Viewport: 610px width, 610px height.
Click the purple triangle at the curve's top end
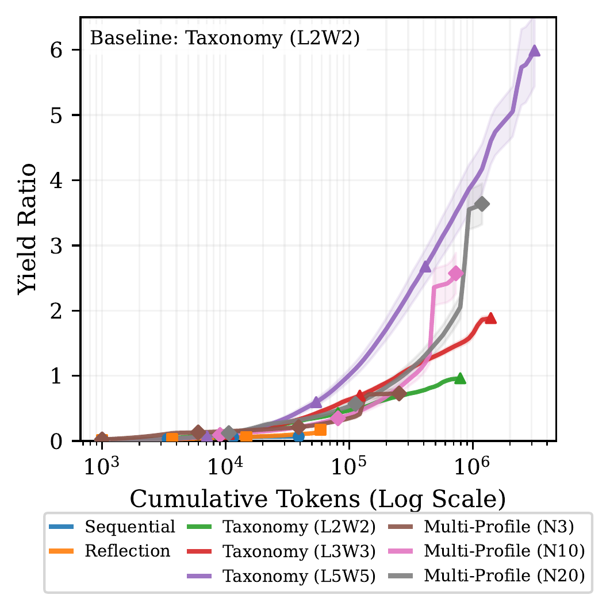tap(535, 51)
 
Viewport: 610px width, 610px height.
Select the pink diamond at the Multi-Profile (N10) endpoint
tap(456, 274)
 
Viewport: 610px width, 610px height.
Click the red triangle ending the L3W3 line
tap(490, 319)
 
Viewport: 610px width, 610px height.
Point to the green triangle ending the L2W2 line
tap(460, 378)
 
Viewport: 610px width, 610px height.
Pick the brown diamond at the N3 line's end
tap(399, 393)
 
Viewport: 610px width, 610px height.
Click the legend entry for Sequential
tap(129, 526)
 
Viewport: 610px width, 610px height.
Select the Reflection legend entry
tap(128, 551)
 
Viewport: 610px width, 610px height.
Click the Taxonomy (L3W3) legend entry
tap(300, 551)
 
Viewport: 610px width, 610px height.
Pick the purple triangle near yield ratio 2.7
tap(425, 267)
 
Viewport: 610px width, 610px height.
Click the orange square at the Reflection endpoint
tap(320, 429)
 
